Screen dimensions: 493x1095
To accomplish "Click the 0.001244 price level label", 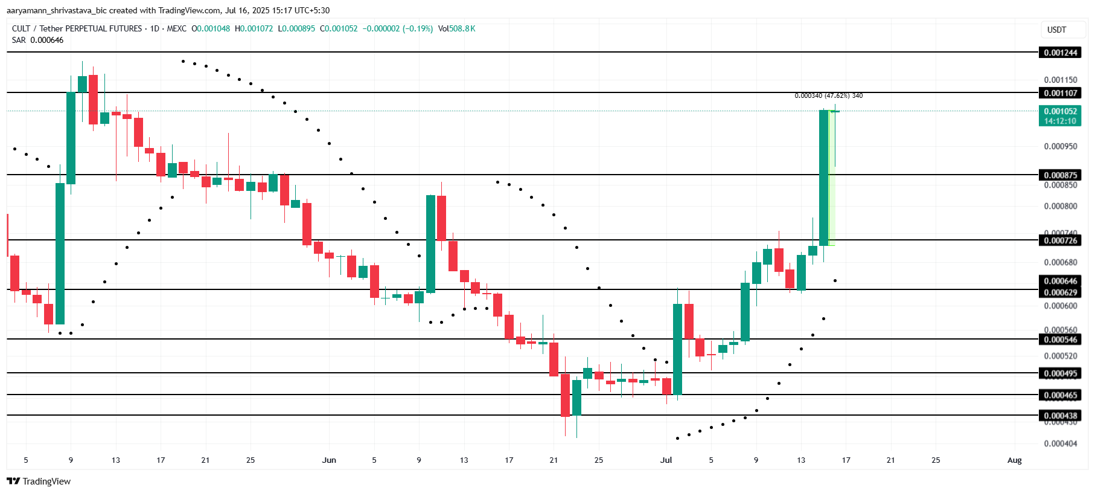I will tap(1061, 53).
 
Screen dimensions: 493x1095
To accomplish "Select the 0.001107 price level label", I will tap(1061, 93).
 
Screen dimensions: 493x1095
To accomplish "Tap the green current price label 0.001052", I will tap(1061, 111).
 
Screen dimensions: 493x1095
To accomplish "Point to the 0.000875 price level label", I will tap(1061, 175).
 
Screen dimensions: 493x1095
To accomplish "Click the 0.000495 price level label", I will tap(1061, 373).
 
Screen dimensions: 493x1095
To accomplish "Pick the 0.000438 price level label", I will tap(1061, 416).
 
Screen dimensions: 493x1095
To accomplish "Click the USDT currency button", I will tap(1056, 30).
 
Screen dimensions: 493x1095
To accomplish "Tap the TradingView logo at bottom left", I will tap(39, 481).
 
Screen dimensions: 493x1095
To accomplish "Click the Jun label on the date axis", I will tap(329, 460).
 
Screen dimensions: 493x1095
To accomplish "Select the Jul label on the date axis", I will tap(666, 460).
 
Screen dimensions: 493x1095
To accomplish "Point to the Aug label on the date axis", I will tap(1014, 460).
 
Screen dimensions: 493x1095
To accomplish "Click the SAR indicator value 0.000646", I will tap(47, 40).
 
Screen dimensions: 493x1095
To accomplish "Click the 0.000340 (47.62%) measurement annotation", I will tap(828, 95).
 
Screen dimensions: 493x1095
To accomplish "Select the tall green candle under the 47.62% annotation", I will tap(823, 178).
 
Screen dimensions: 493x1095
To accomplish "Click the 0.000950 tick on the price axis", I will tap(1061, 146).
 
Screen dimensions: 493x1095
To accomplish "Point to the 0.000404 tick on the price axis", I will tap(1061, 443).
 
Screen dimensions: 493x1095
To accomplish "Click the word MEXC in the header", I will tap(176, 28).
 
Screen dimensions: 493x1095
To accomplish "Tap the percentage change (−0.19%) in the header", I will tap(418, 28).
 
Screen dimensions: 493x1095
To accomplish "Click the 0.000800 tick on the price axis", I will tap(1061, 206).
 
